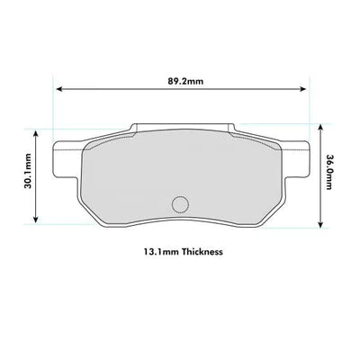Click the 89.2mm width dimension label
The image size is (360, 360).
[x=185, y=81]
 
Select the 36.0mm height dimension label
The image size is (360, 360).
[x=328, y=172]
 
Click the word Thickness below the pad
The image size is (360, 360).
[x=202, y=251]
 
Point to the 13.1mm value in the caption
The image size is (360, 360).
[x=161, y=251]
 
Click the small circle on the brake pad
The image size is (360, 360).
[x=180, y=204]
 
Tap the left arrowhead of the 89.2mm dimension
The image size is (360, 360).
[x=59, y=89]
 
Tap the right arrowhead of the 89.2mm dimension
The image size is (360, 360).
[x=303, y=89]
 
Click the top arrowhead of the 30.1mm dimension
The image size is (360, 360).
[x=36, y=133]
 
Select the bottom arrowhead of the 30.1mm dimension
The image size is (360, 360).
[x=36, y=220]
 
